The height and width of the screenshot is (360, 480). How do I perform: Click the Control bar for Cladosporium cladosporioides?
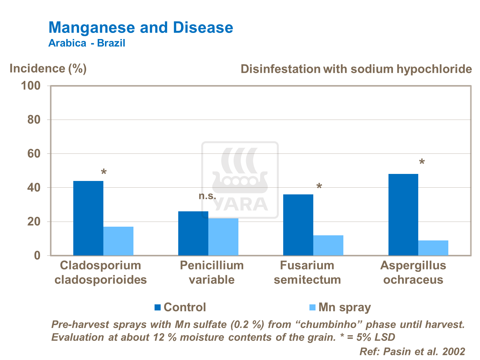[x=88, y=218]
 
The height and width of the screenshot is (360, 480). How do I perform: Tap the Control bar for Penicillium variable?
[x=193, y=233]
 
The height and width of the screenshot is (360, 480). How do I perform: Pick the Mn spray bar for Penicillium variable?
[x=223, y=237]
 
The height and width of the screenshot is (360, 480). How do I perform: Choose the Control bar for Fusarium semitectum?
[x=298, y=225]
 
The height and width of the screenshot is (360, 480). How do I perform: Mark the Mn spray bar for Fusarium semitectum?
[x=328, y=245]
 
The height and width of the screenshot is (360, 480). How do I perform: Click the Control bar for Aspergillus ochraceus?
[x=403, y=215]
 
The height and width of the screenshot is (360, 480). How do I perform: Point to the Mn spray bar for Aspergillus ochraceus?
[x=433, y=248]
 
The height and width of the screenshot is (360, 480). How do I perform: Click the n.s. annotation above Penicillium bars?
[x=207, y=196]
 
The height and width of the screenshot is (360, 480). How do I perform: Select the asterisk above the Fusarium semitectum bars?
[x=319, y=187]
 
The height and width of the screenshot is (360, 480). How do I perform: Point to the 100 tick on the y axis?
[x=31, y=86]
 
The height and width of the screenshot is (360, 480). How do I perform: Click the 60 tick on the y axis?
[x=34, y=154]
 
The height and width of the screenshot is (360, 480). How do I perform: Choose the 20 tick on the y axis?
[x=34, y=222]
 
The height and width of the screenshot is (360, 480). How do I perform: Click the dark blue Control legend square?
[x=157, y=307]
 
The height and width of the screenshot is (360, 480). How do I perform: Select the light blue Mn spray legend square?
[x=312, y=307]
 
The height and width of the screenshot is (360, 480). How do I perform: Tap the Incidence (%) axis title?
[x=48, y=68]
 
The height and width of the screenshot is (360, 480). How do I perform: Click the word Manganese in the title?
[x=92, y=27]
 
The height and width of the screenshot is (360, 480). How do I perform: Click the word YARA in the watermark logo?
[x=240, y=204]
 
